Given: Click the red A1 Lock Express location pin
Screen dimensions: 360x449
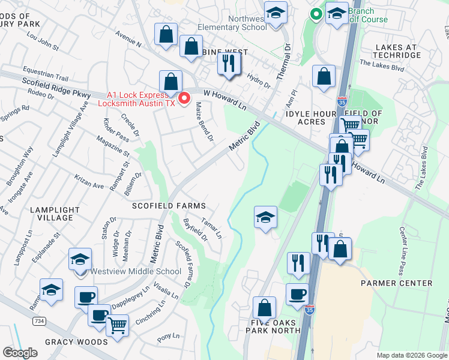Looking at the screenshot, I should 185,98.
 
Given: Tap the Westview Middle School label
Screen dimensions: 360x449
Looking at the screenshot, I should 136,271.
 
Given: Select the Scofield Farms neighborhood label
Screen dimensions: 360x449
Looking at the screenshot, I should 169,206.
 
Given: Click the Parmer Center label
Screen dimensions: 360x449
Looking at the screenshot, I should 396,283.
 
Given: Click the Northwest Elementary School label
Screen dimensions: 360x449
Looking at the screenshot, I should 232,23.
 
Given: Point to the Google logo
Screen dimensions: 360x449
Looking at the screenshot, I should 20,353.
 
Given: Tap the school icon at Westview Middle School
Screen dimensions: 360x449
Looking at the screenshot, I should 80,260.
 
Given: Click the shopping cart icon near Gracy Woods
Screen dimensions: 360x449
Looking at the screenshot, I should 117,325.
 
